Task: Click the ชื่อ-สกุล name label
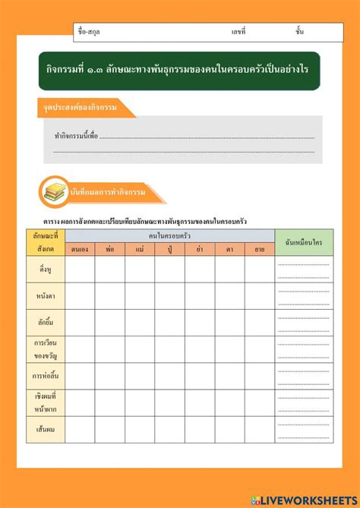(89, 32)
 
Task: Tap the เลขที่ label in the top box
(238, 32)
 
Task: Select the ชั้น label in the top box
(300, 32)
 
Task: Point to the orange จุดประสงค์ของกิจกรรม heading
(84, 109)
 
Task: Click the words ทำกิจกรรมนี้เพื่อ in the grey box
(76, 136)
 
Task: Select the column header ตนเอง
(80, 248)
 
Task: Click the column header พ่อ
(110, 248)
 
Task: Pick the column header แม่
(140, 248)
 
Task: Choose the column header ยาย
(260, 248)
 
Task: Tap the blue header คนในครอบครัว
(169, 235)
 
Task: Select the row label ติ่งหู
(45, 270)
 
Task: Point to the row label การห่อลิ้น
(45, 376)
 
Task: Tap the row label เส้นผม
(45, 429)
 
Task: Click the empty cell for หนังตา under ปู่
(169, 296)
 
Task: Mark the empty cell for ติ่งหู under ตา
(229, 270)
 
